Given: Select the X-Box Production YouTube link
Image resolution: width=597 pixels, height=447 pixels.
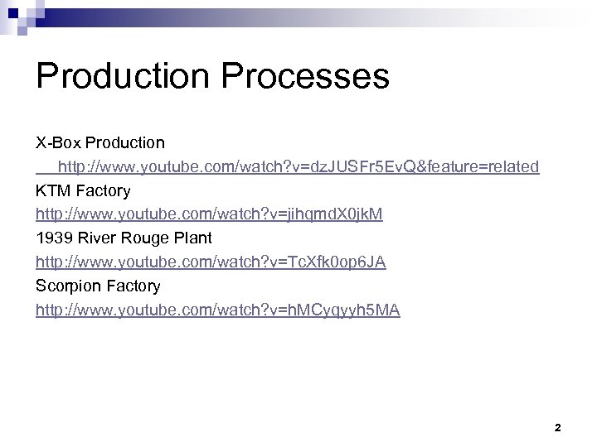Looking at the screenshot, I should tap(298, 167).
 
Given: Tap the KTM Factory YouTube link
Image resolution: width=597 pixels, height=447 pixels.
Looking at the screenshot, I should tap(209, 214).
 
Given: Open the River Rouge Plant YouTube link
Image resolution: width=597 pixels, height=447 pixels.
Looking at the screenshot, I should tap(211, 262).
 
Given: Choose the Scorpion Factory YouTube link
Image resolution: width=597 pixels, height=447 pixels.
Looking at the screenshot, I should tap(217, 310).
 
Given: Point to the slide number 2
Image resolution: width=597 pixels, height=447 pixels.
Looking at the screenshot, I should tap(557, 428).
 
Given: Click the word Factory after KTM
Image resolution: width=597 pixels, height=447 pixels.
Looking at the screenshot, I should tap(103, 191).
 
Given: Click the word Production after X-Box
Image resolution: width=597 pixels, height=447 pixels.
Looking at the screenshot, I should tap(125, 143).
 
